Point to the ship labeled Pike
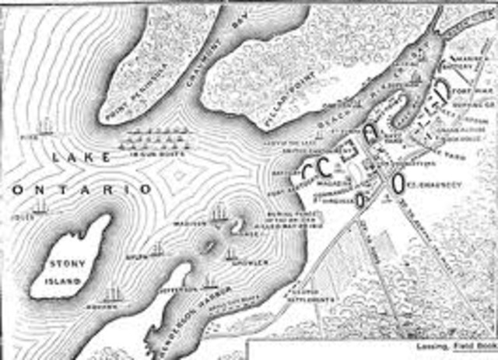pos(46,124)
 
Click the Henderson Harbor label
pos(181,320)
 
